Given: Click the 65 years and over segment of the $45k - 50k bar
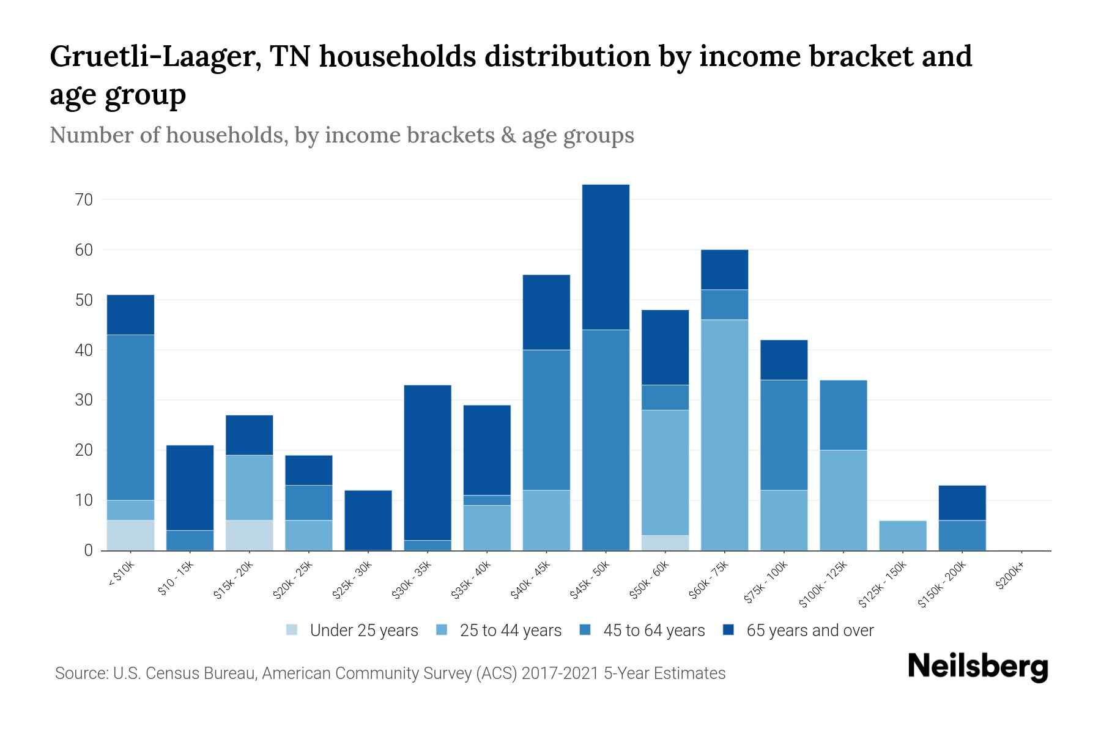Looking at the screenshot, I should click(606, 257).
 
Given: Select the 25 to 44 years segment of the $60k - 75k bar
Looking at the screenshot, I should click(724, 435).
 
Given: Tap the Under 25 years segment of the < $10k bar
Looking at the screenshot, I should click(130, 535).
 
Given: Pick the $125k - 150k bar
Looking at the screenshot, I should click(903, 535).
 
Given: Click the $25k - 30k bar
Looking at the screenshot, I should click(368, 520).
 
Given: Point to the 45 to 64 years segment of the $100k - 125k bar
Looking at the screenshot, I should click(843, 415).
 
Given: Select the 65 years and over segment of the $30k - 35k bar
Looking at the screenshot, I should click(428, 462).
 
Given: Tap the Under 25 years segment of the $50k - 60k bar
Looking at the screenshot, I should click(665, 543).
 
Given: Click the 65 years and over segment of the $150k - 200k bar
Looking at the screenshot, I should click(962, 503).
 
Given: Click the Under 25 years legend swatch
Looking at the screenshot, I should click(292, 630).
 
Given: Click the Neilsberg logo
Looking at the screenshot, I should click(977, 667).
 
